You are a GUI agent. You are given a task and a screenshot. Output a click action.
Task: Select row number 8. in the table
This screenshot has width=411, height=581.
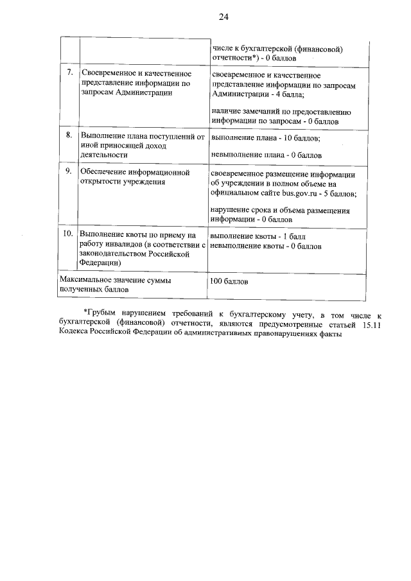click(69, 136)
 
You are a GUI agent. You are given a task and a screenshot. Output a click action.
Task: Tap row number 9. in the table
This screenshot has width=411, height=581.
click(69, 172)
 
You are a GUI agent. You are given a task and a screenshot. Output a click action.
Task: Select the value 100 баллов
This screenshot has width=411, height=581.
click(228, 282)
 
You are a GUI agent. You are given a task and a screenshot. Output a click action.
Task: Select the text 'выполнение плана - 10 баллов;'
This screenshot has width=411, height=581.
click(265, 137)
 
